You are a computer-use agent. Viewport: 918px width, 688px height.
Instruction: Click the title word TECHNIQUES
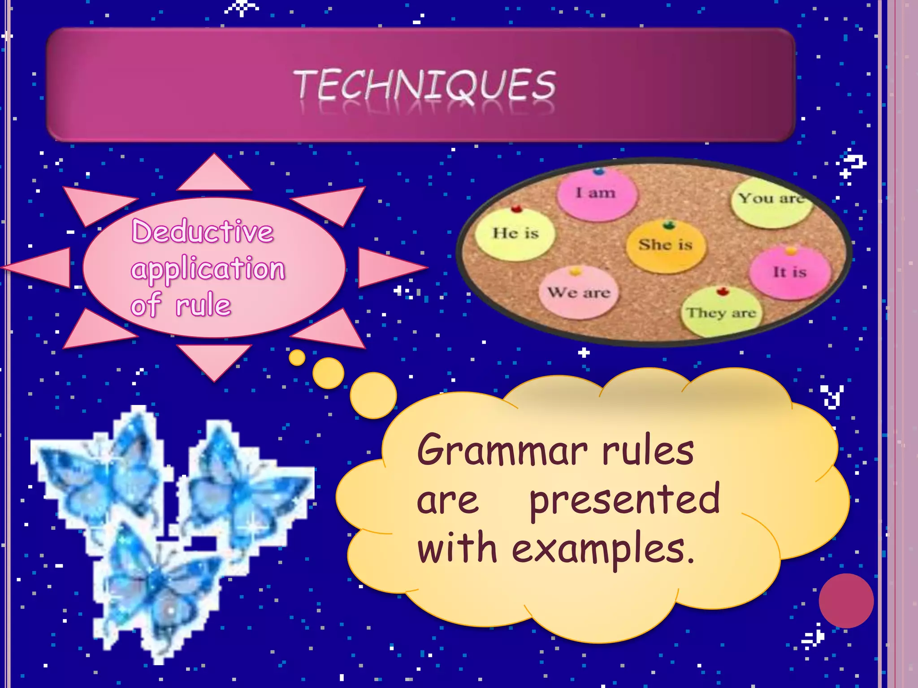coord(425,85)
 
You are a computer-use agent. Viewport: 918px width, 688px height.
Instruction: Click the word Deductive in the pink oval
coord(203,232)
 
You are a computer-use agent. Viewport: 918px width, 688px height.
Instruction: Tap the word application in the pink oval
coord(208,269)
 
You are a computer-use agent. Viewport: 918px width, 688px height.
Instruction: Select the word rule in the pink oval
coord(203,305)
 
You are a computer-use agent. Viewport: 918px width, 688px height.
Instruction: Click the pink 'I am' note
coord(597,194)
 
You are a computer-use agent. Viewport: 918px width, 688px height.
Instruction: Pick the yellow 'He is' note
coord(515,234)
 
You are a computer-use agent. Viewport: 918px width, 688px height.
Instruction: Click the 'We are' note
coord(579,293)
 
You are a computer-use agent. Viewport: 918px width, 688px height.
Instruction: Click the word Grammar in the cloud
coord(502,450)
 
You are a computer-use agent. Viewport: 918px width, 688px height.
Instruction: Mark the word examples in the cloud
coord(603,549)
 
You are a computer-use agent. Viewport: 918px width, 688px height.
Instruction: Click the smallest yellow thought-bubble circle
coord(297,357)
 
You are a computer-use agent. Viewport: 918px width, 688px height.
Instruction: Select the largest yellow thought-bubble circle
coord(373,395)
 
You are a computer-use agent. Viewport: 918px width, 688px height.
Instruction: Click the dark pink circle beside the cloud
coord(846,601)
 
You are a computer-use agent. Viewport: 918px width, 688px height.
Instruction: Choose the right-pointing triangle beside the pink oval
coord(388,267)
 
